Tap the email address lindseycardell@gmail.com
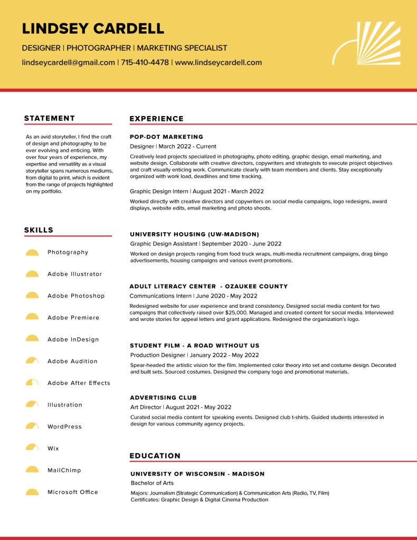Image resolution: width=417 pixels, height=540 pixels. pyautogui.click(x=68, y=62)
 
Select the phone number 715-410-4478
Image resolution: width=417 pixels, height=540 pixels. pyautogui.click(x=145, y=62)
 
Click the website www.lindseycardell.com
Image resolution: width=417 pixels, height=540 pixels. pyautogui.click(x=218, y=62)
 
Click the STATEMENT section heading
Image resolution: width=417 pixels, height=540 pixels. pyautogui.click(x=50, y=118)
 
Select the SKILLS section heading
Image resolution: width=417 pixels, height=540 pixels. pyautogui.click(x=39, y=230)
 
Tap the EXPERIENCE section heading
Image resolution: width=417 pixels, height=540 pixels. pyautogui.click(x=157, y=119)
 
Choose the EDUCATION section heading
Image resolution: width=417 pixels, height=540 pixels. pyautogui.click(x=155, y=456)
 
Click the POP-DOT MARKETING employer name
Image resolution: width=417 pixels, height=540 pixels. pyautogui.click(x=166, y=137)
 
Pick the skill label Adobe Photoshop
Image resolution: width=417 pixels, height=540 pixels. pyautogui.click(x=76, y=296)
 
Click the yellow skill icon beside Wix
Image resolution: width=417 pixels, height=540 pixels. pyautogui.click(x=32, y=448)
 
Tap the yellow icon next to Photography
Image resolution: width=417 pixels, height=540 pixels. pyautogui.click(x=32, y=252)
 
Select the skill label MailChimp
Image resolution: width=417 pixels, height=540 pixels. pyautogui.click(x=64, y=470)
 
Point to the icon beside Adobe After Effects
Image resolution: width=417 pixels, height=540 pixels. pyautogui.click(x=32, y=382)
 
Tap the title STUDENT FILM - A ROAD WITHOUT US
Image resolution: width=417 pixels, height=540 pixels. pyautogui.click(x=195, y=346)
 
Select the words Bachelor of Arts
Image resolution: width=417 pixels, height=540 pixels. pyautogui.click(x=152, y=483)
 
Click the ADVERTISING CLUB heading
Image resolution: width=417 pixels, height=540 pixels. pyautogui.click(x=163, y=397)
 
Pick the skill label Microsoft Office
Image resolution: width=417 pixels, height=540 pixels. pyautogui.click(x=73, y=492)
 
